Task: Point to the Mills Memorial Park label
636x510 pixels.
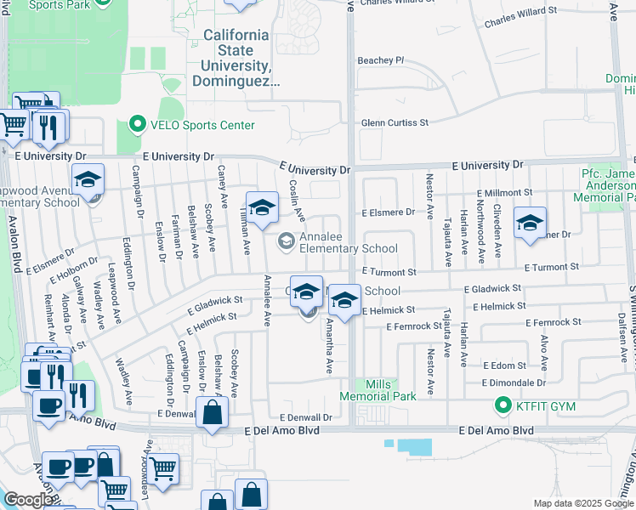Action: point(378,390)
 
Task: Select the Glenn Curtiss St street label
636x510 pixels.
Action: point(395,122)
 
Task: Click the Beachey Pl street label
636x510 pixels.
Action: point(381,60)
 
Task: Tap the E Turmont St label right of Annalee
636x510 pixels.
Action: point(389,272)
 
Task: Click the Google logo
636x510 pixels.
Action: point(27,500)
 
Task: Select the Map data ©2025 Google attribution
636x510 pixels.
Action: point(582,503)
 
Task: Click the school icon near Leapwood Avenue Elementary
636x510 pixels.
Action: point(88,180)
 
